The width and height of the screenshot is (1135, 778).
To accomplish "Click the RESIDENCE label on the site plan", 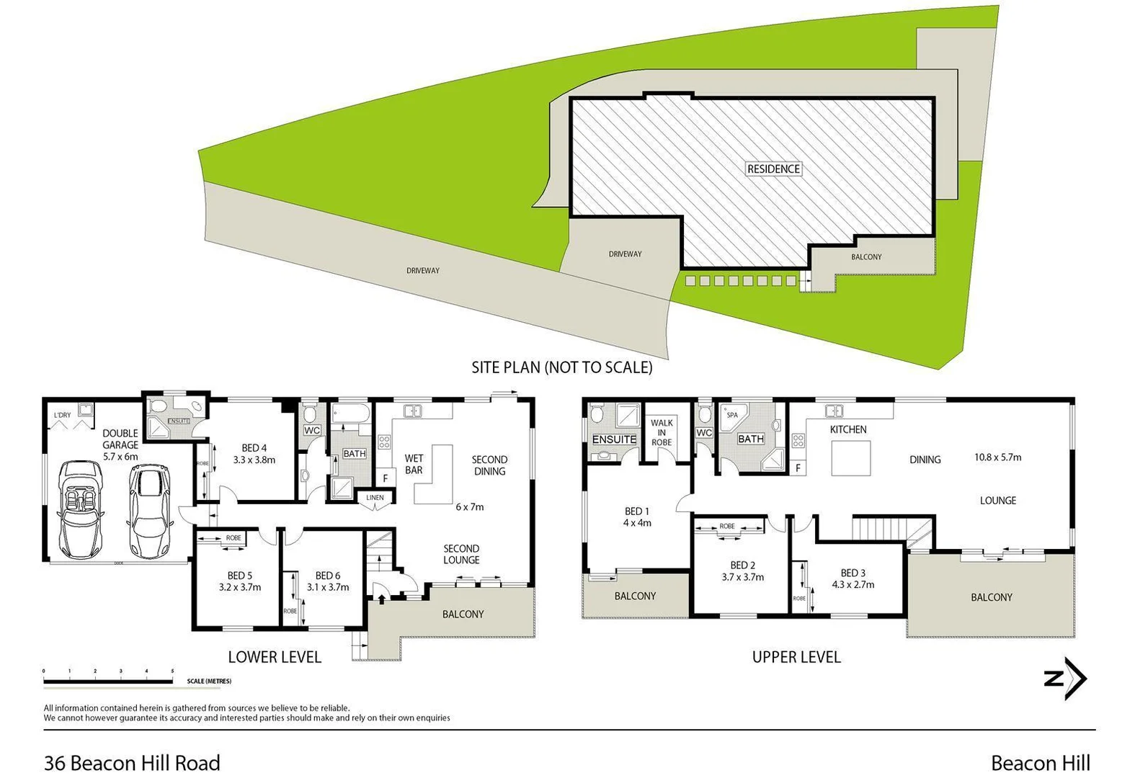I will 773,169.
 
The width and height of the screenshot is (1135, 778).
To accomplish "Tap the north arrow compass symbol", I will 1066,678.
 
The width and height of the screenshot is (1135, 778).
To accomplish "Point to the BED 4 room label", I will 254,448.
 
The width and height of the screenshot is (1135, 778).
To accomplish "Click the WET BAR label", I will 414,464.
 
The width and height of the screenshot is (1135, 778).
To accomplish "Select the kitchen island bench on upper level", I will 850,458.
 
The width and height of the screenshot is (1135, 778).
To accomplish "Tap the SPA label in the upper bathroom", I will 732,415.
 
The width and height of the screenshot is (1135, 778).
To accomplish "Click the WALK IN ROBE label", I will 661,432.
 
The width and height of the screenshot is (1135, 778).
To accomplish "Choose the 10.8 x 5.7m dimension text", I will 997,457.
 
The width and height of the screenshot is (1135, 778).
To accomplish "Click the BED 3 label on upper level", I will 853,573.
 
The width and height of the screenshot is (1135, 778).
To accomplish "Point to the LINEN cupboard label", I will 375,498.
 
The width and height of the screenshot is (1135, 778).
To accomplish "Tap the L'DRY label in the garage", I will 63,415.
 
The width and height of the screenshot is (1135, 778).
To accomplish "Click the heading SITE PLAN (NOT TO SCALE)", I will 561,367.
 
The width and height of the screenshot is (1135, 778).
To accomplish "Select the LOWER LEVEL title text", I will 275,656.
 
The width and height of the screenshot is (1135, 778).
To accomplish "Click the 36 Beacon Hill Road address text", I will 132,762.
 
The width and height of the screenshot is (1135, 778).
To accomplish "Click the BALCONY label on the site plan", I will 865,256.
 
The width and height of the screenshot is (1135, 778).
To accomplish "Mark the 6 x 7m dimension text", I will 469,506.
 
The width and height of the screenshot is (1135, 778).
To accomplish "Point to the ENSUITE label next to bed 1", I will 614,439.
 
